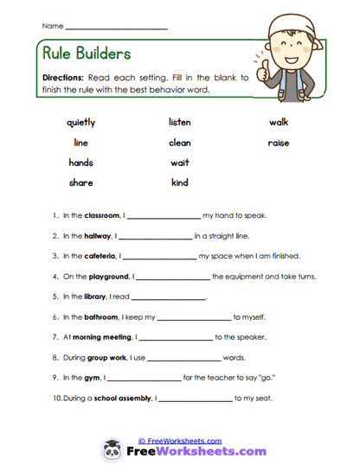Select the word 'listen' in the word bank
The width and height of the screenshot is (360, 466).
(179, 122)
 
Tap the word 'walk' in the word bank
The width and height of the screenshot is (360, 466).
(278, 122)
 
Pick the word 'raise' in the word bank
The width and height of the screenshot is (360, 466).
(278, 143)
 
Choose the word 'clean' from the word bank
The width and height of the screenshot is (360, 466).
(179, 143)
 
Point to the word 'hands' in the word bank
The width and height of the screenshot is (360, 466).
(80, 163)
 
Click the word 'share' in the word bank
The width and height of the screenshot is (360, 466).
(80, 182)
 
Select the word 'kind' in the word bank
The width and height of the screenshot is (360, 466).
(179, 182)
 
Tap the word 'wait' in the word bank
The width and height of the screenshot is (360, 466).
(179, 163)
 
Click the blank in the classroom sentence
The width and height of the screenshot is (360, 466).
(164, 215)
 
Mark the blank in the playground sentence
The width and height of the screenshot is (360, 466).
(172, 277)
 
